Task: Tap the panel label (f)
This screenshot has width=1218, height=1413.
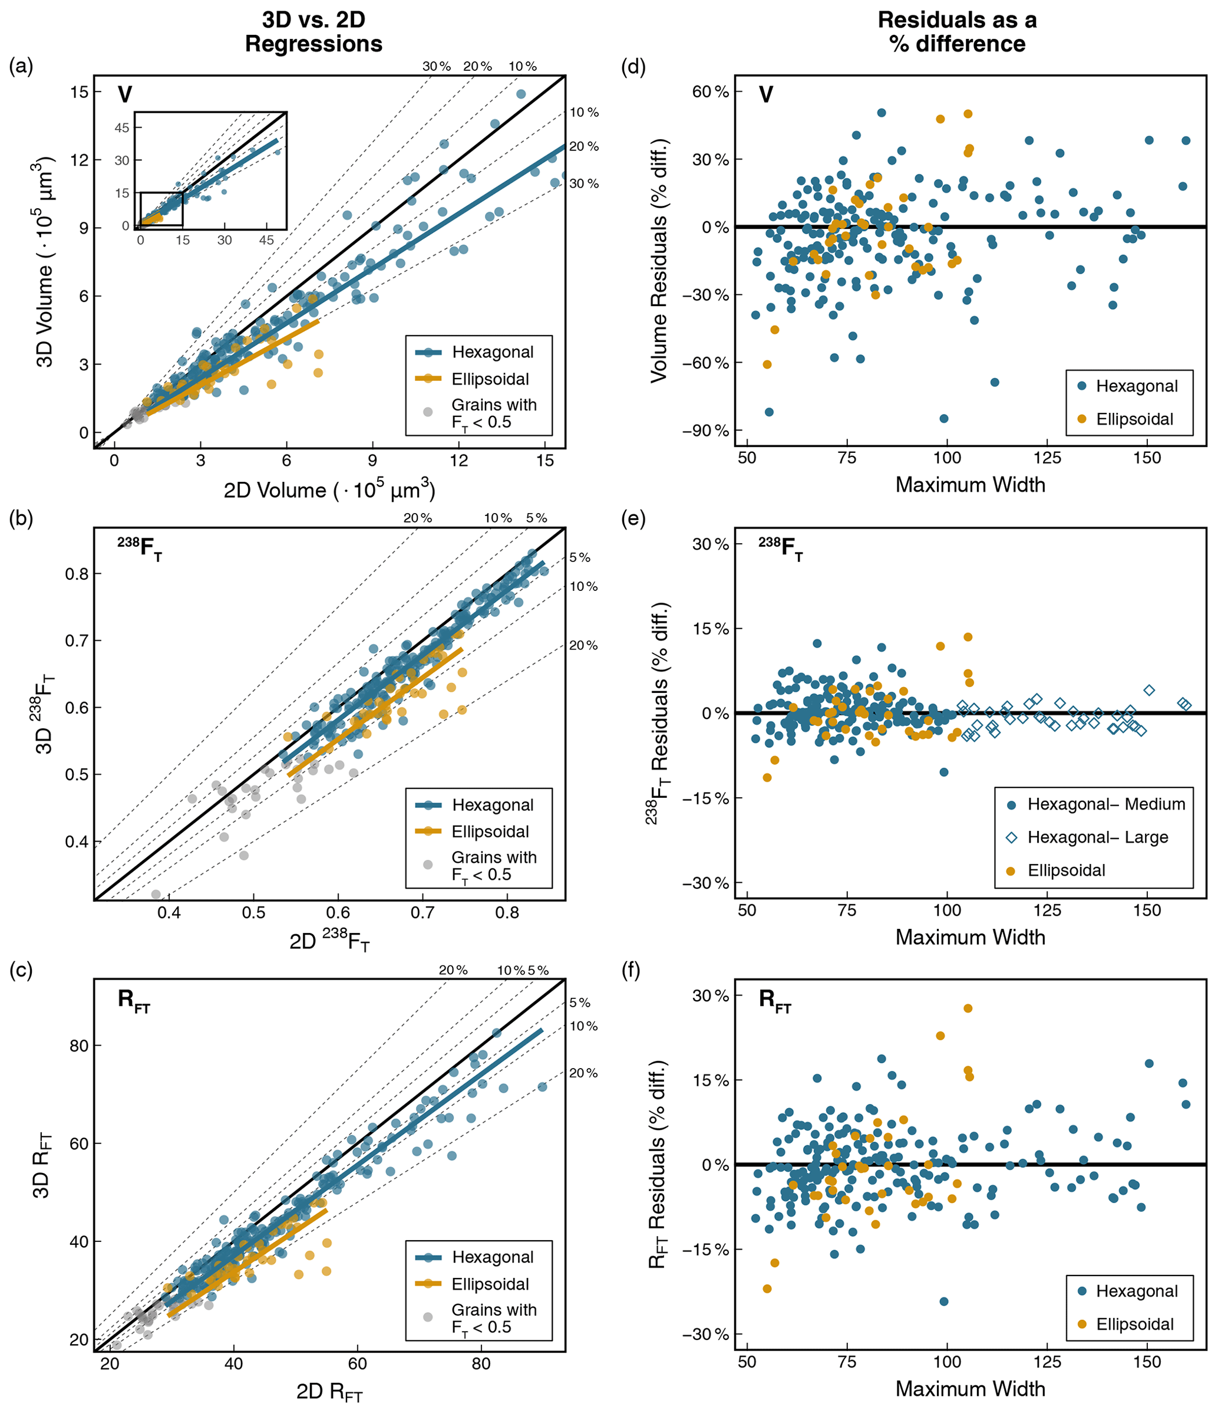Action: [x=632, y=971]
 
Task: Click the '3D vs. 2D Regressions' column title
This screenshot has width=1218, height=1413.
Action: [x=313, y=31]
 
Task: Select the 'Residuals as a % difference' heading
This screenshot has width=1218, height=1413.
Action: [x=957, y=31]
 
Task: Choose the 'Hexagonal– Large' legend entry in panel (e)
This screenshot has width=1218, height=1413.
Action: [x=1097, y=837]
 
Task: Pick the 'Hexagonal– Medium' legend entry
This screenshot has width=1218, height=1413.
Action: [x=1105, y=805]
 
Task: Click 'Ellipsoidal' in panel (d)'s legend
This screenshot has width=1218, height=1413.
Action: [x=1134, y=419]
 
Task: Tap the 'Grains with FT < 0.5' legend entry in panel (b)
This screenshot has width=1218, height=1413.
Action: [x=493, y=866]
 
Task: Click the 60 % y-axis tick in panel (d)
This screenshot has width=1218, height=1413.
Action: [x=710, y=91]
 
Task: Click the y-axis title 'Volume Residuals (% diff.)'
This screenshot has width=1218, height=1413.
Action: [x=659, y=261]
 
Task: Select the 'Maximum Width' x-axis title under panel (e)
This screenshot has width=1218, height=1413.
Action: [x=970, y=937]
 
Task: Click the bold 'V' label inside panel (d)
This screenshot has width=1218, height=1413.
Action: [x=766, y=95]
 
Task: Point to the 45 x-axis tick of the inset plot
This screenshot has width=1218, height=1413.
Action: [x=266, y=240]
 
